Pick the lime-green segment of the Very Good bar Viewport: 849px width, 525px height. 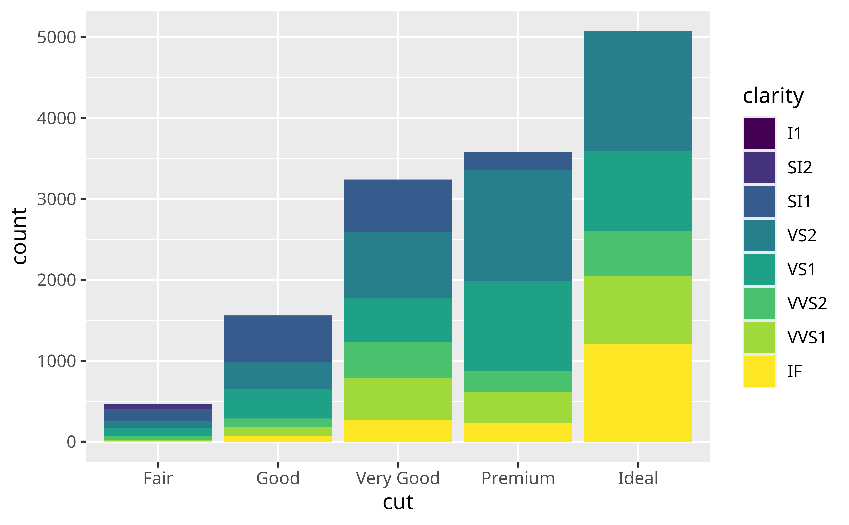(398, 399)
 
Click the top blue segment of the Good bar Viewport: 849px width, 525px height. (278, 339)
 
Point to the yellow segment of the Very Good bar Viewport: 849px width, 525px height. (398, 431)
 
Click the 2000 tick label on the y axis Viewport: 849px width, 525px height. (56, 280)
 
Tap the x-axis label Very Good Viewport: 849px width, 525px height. (398, 478)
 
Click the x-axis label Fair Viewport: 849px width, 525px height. (158, 478)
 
